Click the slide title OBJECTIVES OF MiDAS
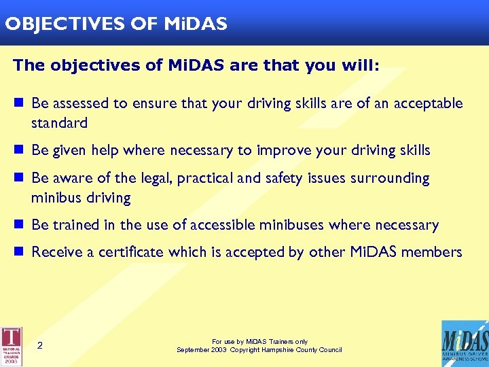point(115,24)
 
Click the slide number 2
point(40,346)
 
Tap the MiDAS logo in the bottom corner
point(465,343)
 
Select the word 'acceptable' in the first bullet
point(430,103)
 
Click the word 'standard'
point(59,123)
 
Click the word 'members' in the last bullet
point(431,252)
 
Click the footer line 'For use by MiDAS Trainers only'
point(259,342)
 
